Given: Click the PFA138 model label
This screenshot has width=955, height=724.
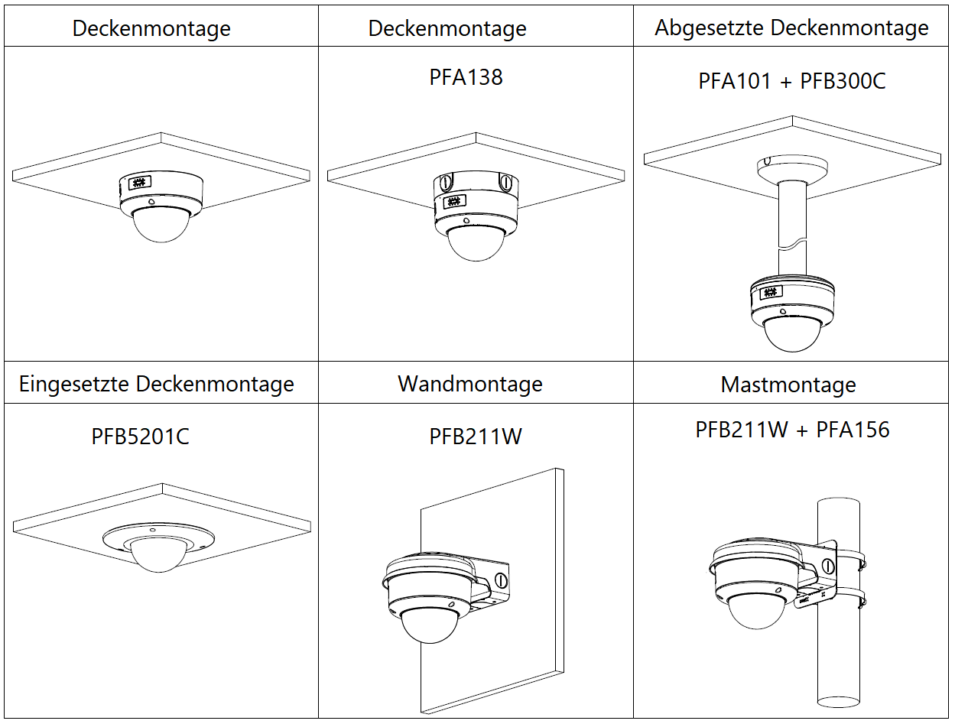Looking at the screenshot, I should pos(466,77).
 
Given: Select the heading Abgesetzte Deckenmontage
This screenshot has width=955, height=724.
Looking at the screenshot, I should pos(791,28).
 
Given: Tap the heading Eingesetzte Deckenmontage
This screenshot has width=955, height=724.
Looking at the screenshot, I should pos(157,384).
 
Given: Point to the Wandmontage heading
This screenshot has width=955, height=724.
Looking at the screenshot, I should pos(469,384).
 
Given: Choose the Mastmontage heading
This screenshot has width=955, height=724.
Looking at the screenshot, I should pos(788,385).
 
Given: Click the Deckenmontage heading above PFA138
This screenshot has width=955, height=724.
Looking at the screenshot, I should pos(447,29).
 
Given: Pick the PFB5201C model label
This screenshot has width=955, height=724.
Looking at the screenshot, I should pos(141,437).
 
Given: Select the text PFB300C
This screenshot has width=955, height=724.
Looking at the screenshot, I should pos(843,81).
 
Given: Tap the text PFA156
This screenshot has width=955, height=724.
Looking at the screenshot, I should pos(853,430).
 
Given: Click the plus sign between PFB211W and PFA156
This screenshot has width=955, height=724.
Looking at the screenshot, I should pos(801,430).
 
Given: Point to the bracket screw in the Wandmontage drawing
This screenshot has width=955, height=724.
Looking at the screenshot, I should pos(502,579).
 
